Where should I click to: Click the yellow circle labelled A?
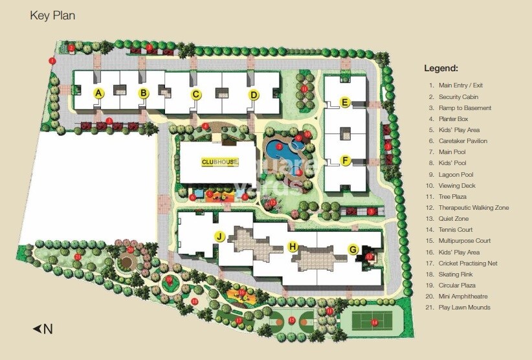[98, 93]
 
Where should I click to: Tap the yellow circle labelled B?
[144, 93]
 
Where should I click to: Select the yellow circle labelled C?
[195, 95]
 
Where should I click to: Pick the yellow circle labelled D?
[254, 95]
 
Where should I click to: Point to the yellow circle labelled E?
[345, 102]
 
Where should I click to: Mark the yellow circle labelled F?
[345, 160]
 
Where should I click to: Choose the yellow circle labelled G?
[353, 249]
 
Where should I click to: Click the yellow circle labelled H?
[293, 246]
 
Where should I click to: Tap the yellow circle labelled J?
[220, 237]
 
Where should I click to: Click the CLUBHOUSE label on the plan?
[220, 162]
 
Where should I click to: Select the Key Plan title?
[52, 16]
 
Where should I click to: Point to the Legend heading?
[441, 68]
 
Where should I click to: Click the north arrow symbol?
[42, 329]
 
